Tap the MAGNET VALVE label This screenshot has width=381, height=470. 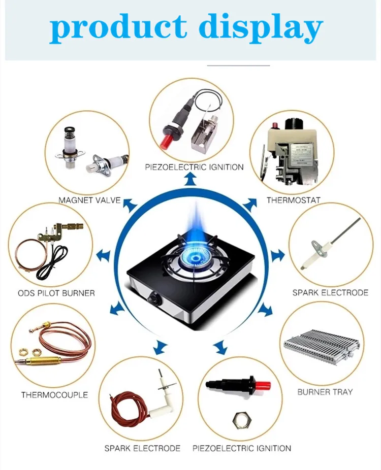(x=89, y=200)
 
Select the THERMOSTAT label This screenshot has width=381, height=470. (x=294, y=200)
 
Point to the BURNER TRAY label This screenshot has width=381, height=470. (x=325, y=392)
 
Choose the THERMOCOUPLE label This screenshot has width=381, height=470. (x=54, y=394)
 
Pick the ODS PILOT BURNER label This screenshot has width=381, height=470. (x=56, y=293)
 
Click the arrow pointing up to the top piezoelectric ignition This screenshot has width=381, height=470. (x=190, y=178)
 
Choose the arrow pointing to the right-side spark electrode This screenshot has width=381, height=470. (x=277, y=255)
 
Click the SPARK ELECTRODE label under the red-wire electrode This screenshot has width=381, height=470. (x=142, y=448)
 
